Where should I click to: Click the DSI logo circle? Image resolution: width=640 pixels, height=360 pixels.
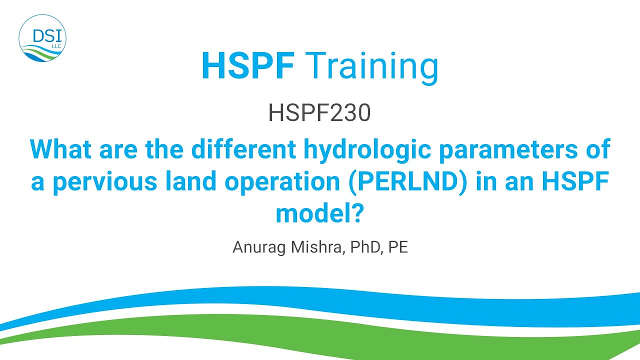pos(42,38)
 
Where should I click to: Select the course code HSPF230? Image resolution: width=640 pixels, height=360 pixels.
pos(319,113)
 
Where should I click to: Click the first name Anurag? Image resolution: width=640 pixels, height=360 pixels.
pos(257,247)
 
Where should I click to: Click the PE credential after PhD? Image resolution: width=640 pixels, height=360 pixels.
pos(398,247)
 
